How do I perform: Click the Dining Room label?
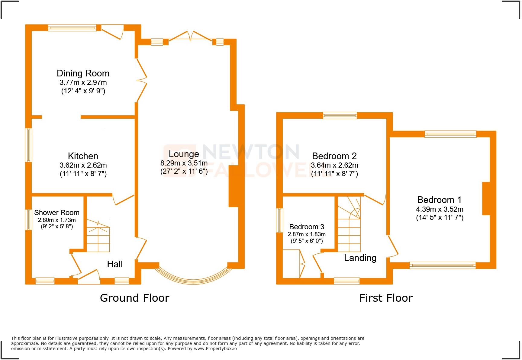(83, 73)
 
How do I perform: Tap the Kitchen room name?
(83, 156)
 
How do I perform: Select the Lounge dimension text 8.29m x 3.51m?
(184, 163)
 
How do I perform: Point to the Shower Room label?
(57, 213)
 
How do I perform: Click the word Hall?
(115, 264)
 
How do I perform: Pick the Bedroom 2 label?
(334, 156)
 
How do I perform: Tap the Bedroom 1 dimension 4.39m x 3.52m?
(440, 209)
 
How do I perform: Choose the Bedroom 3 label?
(307, 227)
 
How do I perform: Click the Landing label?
(360, 258)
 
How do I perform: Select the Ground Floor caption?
(134, 298)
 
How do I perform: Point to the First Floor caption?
(386, 298)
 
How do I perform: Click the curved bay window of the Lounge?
(193, 277)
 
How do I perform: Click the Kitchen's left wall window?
(29, 145)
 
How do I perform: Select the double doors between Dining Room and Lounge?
(141, 80)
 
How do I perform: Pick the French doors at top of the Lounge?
(190, 36)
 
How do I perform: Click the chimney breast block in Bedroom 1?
(486, 198)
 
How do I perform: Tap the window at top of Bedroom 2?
(340, 115)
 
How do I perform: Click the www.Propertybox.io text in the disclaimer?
(215, 349)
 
